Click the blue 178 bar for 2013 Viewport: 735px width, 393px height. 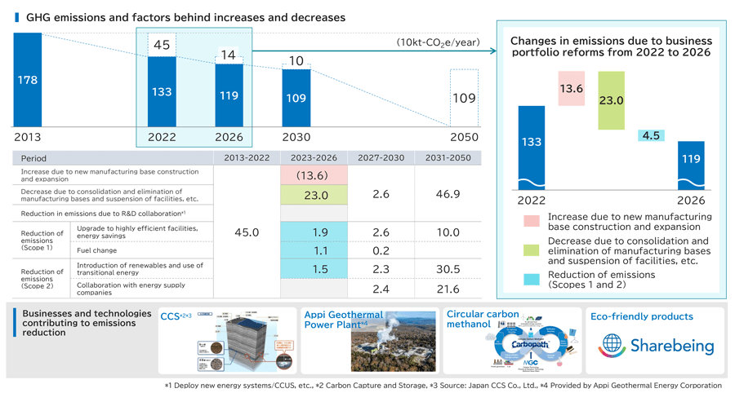[27, 80]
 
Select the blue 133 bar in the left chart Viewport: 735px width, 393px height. [162, 91]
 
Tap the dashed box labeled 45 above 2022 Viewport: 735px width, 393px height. [162, 46]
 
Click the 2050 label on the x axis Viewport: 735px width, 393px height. [464, 137]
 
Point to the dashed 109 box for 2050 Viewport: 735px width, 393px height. [464, 98]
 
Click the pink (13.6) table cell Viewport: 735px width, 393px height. [314, 175]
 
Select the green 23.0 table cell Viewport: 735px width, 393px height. [314, 195]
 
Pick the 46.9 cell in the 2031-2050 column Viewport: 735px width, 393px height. [447, 194]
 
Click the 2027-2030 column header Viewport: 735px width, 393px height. [380, 157]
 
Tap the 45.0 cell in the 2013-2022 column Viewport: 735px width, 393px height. [247, 232]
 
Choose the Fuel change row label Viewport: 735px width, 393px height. [96, 250]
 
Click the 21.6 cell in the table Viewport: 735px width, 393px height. [447, 289]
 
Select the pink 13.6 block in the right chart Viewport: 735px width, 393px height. [572, 88]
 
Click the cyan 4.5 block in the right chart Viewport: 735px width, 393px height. [651, 136]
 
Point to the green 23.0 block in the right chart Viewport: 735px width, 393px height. [611, 100]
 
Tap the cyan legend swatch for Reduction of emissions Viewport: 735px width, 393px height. [532, 280]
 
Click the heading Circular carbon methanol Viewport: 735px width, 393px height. [483, 319]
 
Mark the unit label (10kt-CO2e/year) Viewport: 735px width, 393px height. [438, 42]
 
